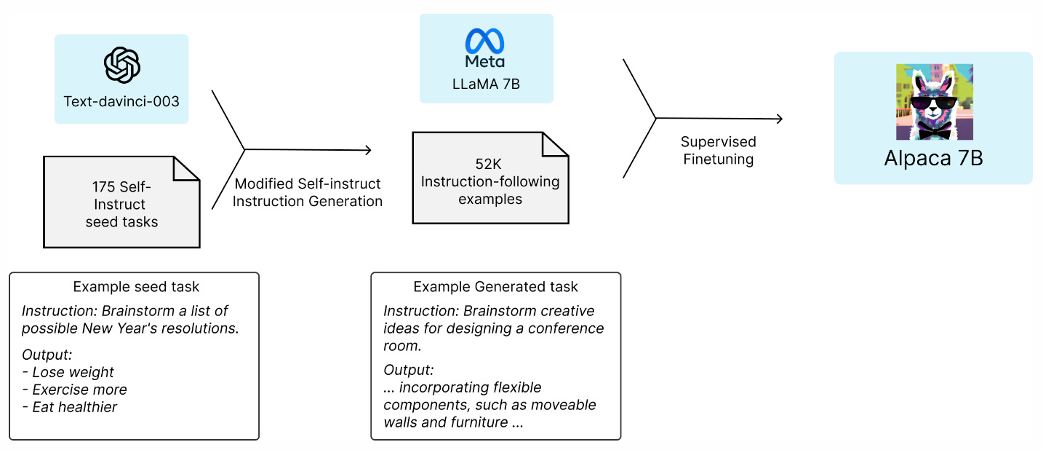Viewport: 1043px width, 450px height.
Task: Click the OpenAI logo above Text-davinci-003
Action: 121,66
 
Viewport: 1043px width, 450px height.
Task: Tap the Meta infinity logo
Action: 485,41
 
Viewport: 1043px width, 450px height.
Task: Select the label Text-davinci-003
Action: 121,101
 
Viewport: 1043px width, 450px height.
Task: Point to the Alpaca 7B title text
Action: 933,158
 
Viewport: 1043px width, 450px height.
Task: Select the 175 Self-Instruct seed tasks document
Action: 121,203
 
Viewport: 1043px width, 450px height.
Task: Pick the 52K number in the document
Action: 489,164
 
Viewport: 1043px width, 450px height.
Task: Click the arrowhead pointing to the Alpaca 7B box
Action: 779,119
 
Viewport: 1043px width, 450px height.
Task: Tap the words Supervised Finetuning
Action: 718,150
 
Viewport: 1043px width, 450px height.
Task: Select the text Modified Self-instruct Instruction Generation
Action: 307,193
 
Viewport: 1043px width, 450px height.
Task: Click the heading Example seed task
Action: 136,287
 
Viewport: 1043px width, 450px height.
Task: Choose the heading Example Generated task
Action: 496,287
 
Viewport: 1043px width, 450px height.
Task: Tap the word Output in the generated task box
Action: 408,369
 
